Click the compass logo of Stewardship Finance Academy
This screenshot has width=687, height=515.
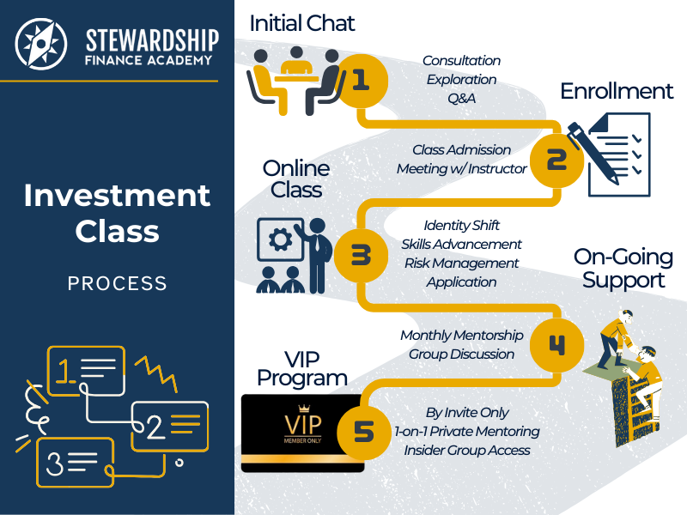pyautogui.click(x=40, y=44)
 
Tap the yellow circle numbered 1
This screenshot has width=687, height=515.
pyautogui.click(x=361, y=81)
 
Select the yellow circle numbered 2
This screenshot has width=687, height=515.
pyautogui.click(x=556, y=160)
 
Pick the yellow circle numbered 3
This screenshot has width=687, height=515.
pyautogui.click(x=361, y=256)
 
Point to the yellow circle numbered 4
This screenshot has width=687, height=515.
pyautogui.click(x=556, y=345)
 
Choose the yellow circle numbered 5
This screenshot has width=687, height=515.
pyautogui.click(x=364, y=433)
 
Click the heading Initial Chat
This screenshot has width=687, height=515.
pyautogui.click(x=302, y=24)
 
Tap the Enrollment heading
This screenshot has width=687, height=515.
pyautogui.click(x=617, y=92)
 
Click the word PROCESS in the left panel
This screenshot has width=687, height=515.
pyautogui.click(x=118, y=283)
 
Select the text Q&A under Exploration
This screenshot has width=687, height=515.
pyautogui.click(x=461, y=98)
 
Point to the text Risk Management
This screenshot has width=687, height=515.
pyautogui.click(x=461, y=264)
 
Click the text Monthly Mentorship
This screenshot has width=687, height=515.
pyautogui.click(x=462, y=336)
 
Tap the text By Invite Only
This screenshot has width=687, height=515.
pyautogui.click(x=467, y=413)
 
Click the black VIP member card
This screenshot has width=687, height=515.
pyautogui.click(x=302, y=433)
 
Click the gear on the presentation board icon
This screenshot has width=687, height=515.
pyautogui.click(x=281, y=239)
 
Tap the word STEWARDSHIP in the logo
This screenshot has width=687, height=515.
pyautogui.click(x=152, y=40)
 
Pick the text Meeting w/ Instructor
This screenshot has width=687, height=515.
pyautogui.click(x=461, y=168)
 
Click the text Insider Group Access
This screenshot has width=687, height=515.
pyautogui.click(x=467, y=450)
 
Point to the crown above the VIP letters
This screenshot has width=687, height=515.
pyautogui.click(x=304, y=409)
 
